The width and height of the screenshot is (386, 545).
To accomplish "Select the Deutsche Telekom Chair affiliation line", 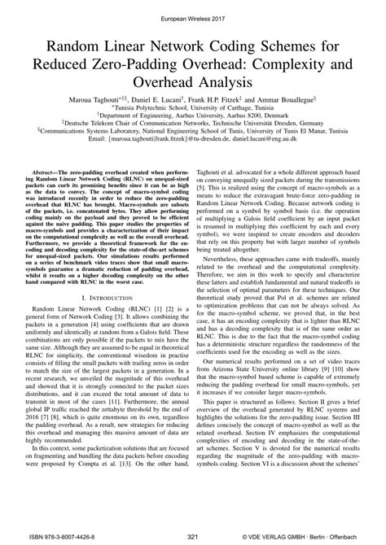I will (193, 126).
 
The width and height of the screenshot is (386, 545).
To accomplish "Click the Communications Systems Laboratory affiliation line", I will (193, 135).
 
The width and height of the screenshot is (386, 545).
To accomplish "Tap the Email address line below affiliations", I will (193, 144).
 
